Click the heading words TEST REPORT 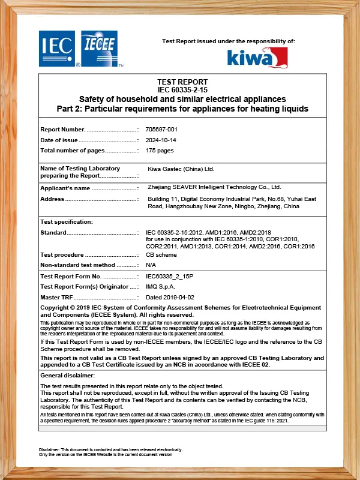coord(182,82)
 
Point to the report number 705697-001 coord(162,129)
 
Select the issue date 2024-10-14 coord(162,140)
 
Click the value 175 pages coord(160,151)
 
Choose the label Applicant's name coord(65,188)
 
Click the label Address coord(52,199)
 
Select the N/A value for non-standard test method coord(151,265)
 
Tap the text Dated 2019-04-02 coord(170,297)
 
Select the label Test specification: coord(67,221)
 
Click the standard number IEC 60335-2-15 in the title coord(182,89)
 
